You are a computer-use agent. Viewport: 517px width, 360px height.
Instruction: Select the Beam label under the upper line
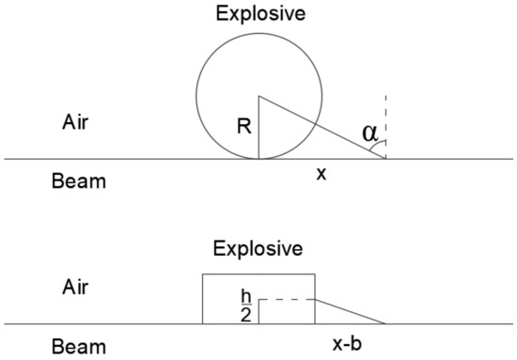pyautogui.click(x=80, y=181)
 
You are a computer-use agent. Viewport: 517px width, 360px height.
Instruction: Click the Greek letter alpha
pyautogui.click(x=371, y=134)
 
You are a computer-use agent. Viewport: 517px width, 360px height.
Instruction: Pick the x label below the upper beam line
pyautogui.click(x=321, y=176)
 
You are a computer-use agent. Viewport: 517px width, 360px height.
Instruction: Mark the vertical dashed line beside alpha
pyautogui.click(x=385, y=117)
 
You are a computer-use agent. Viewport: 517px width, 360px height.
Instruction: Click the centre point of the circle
pyautogui.click(x=259, y=95)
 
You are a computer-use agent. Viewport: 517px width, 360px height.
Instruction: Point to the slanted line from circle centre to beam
pyautogui.click(x=322, y=127)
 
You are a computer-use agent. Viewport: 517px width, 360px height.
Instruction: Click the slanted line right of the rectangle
pyautogui.click(x=350, y=311)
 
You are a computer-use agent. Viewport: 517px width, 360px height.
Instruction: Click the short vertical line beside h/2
pyautogui.click(x=259, y=311)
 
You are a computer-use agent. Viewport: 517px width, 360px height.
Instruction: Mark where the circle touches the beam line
pyautogui.click(x=259, y=159)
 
